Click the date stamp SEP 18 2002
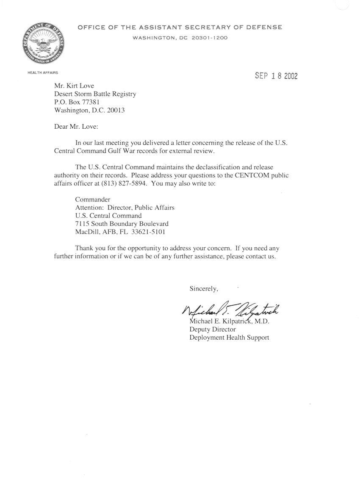point(276,76)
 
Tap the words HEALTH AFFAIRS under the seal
point(43,73)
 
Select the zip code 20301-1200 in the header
point(209,38)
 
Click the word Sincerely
point(203,289)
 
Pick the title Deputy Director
point(213,329)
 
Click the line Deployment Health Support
point(229,338)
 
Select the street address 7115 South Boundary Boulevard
point(122,224)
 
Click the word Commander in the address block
point(93,199)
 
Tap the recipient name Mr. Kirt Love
point(74,86)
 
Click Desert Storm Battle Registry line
point(95,94)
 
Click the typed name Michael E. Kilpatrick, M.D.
point(229,321)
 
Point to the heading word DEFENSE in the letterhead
point(264,28)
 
